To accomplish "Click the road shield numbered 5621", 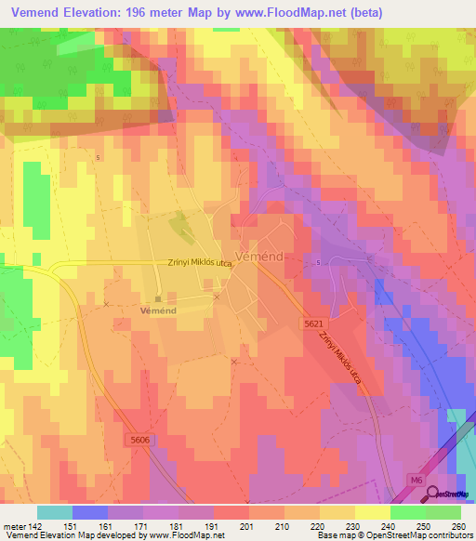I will (313, 323).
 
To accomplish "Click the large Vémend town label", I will (261, 255).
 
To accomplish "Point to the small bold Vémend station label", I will (157, 310).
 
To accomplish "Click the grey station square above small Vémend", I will (158, 298).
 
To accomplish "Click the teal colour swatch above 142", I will (55, 512).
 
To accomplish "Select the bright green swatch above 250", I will (407, 512).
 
